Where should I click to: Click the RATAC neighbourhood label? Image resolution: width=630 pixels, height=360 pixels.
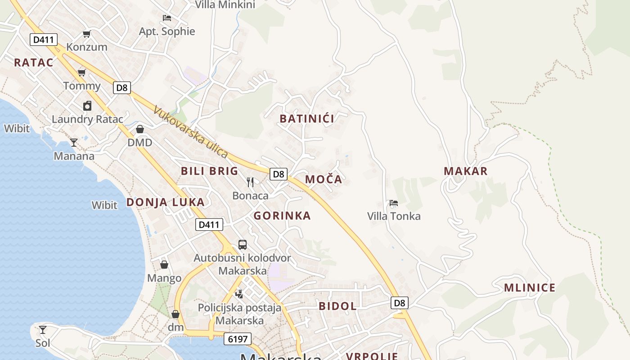pyautogui.click(x=33, y=63)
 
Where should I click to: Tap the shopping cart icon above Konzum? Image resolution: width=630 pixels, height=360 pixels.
pyautogui.click(x=87, y=34)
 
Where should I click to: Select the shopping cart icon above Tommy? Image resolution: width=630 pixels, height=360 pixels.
pyautogui.click(x=81, y=73)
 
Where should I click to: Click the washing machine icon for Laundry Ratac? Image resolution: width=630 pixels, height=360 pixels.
pyautogui.click(x=87, y=106)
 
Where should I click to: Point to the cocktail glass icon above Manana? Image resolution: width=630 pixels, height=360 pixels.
pyautogui.click(x=74, y=143)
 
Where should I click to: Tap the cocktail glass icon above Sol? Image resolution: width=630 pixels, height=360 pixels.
pyautogui.click(x=42, y=330)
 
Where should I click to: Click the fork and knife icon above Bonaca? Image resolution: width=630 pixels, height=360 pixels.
pyautogui.click(x=250, y=182)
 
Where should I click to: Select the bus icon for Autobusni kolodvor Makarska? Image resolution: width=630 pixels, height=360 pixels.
pyautogui.click(x=243, y=245)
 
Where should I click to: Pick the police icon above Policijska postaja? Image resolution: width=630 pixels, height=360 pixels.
pyautogui.click(x=239, y=294)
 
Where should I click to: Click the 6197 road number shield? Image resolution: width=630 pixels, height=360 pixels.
pyautogui.click(x=237, y=339)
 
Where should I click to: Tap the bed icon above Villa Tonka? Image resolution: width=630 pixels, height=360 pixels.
pyautogui.click(x=394, y=203)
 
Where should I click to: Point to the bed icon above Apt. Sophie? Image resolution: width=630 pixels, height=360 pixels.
pyautogui.click(x=167, y=18)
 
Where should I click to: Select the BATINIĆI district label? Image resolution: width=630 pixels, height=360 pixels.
pyautogui.click(x=307, y=119)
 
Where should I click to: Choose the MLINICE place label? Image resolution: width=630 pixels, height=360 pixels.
pyautogui.click(x=529, y=288)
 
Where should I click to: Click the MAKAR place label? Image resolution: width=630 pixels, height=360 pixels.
pyautogui.click(x=465, y=171)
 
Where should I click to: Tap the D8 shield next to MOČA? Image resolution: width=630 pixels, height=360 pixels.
pyautogui.click(x=279, y=174)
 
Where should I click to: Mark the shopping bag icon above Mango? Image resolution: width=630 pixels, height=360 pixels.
pyautogui.click(x=164, y=265)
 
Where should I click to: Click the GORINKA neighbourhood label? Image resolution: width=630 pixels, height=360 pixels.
pyautogui.click(x=282, y=216)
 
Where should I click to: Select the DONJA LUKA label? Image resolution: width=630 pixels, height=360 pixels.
pyautogui.click(x=165, y=202)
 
